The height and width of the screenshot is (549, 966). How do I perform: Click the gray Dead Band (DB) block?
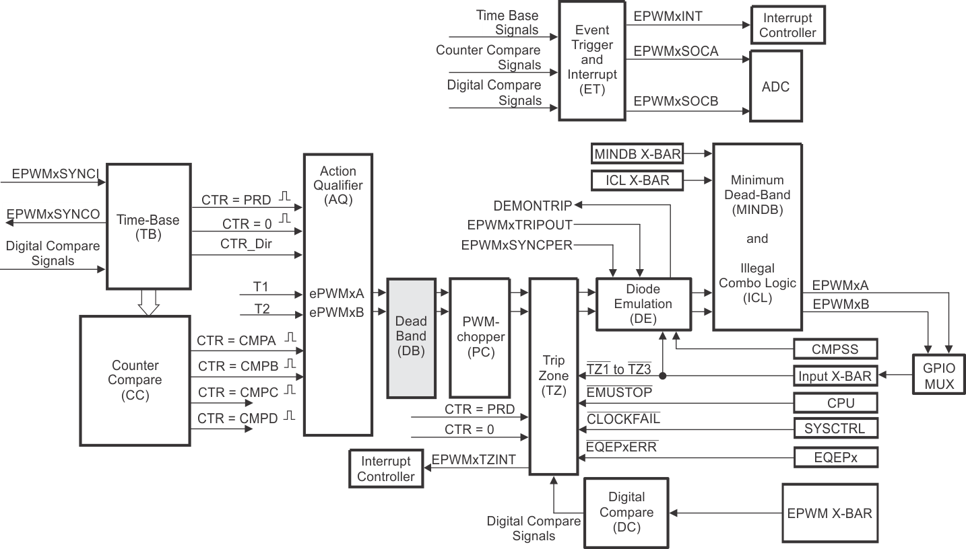coord(411,338)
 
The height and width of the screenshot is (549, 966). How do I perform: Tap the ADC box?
coord(776,87)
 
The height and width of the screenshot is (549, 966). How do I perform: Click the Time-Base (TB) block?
coord(148,227)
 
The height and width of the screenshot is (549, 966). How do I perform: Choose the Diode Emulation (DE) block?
coord(643,304)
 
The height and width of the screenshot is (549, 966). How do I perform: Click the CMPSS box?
coord(836,349)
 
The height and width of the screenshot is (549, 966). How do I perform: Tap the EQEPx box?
coord(836,458)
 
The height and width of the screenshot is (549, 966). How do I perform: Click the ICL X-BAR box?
coord(637,180)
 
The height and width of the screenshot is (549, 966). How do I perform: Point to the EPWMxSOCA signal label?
coord(676,50)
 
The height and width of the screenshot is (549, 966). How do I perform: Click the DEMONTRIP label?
coord(532,205)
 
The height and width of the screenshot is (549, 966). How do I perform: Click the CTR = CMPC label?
coord(237,392)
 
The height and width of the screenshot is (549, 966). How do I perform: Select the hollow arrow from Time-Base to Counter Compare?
coord(148,302)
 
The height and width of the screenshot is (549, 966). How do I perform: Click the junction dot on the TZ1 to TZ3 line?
coord(664,376)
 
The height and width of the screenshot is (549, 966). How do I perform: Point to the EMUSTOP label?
coord(619,392)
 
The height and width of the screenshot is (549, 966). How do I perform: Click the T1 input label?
coord(261,287)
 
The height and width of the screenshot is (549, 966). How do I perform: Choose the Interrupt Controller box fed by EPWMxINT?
coord(787,26)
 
